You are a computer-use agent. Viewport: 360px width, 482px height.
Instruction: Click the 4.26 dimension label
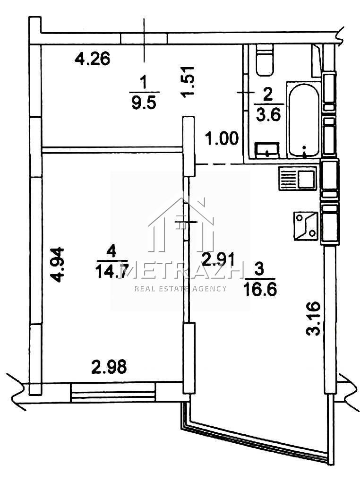[92, 59]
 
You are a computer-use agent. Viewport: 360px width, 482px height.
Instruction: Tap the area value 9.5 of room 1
[144, 103]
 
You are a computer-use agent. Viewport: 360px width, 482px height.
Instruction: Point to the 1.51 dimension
[188, 82]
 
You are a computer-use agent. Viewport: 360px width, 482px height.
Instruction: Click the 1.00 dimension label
[222, 138]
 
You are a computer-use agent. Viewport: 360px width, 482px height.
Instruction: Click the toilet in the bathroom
[265, 60]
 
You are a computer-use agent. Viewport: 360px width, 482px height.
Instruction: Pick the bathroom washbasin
[267, 150]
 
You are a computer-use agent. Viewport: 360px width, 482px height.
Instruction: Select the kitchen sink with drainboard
[298, 178]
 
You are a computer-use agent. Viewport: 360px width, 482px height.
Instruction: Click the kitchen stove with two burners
[306, 226]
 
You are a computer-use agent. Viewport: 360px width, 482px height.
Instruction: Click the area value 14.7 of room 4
[111, 271]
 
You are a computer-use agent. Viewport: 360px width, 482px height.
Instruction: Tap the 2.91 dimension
[218, 259]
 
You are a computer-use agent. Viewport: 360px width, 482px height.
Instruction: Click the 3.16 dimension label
[314, 318]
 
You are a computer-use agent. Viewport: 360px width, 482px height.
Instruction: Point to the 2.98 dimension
[109, 367]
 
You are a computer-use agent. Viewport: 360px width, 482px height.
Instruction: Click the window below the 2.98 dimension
[112, 392]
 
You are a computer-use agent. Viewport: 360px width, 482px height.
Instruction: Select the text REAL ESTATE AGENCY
[180, 288]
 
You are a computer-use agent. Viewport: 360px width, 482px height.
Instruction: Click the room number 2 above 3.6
[268, 95]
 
